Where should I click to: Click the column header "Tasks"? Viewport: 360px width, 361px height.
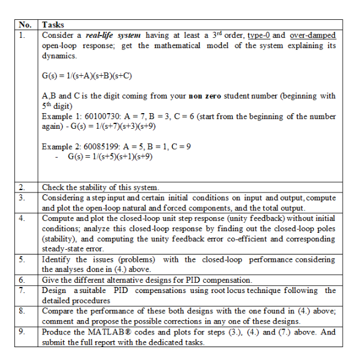click(x=53, y=25)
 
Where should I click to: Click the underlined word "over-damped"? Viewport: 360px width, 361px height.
click(x=313, y=35)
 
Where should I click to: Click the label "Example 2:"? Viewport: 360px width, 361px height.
click(x=61, y=146)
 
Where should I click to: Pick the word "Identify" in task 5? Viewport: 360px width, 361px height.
click(x=56, y=259)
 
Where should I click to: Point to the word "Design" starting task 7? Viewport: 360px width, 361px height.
click(x=55, y=291)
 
